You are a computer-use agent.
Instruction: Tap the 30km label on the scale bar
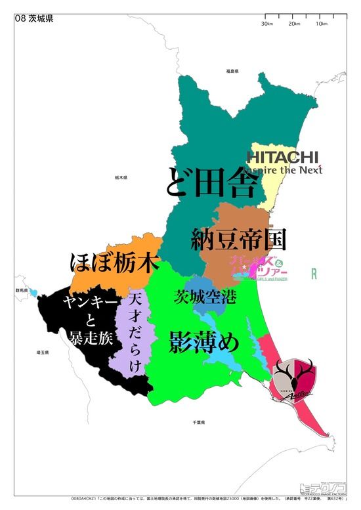pos(266,24)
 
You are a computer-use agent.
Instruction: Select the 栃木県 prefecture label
pos(120,177)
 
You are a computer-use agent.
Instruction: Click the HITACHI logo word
pos(282,157)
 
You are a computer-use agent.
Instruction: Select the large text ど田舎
pos(211,180)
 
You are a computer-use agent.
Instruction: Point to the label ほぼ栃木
pos(115,263)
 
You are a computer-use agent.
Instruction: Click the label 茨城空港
pos(204,297)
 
